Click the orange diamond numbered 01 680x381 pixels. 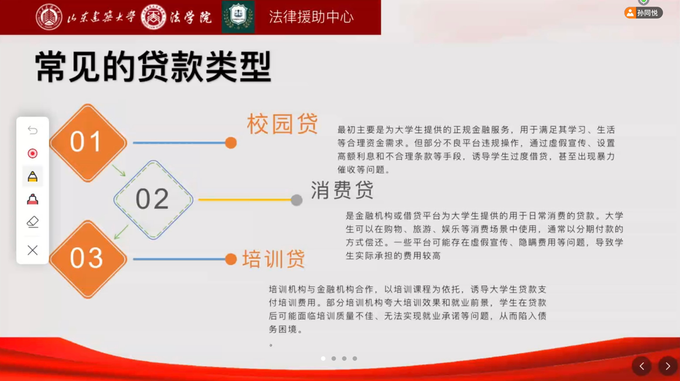click(x=88, y=143)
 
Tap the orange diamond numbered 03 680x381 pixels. click(x=88, y=259)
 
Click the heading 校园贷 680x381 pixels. click(x=282, y=124)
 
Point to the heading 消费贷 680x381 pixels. click(x=342, y=190)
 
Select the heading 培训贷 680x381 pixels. click(x=273, y=259)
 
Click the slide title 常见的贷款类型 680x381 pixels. click(x=153, y=67)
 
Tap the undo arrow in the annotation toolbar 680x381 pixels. click(x=32, y=130)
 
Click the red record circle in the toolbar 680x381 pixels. click(x=32, y=154)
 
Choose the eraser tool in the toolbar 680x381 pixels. click(x=32, y=222)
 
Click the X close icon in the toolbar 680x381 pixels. click(x=32, y=250)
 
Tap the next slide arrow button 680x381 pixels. click(x=668, y=366)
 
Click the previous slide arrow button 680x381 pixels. click(x=642, y=366)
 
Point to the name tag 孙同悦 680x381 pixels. click(x=644, y=13)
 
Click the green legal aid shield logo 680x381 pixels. click(x=238, y=16)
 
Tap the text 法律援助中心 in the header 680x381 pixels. click(x=311, y=16)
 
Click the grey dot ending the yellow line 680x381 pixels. click(x=297, y=200)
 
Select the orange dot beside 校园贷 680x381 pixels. click(x=231, y=143)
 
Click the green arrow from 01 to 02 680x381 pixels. click(x=119, y=171)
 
